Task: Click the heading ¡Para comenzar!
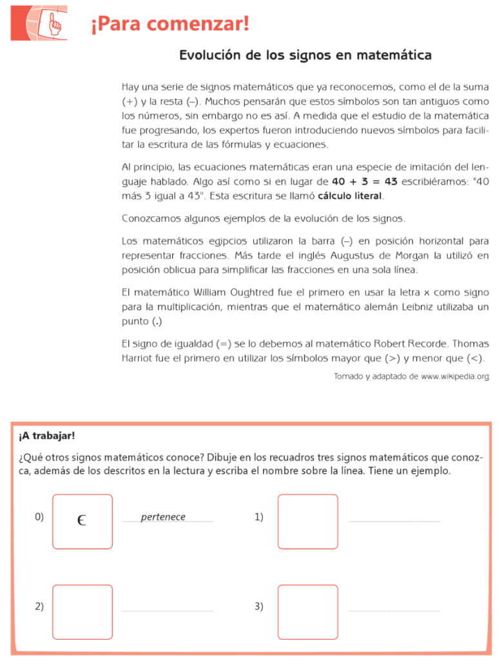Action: [170, 25]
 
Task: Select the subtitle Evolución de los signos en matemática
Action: [305, 56]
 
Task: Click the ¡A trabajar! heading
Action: [47, 436]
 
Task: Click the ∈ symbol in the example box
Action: [81, 520]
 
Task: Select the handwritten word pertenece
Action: [163, 517]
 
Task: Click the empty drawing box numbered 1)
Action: [308, 522]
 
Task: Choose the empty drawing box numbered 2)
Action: [83, 612]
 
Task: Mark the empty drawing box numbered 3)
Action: [308, 612]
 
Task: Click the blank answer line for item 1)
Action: [393, 520]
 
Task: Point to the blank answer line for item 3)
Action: [393, 611]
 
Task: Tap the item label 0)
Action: [39, 516]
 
